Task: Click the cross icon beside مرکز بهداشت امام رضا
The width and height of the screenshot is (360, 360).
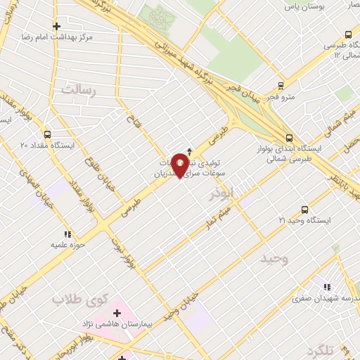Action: [x=57, y=27]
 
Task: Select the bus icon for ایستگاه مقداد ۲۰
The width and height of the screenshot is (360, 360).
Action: [x=46, y=134]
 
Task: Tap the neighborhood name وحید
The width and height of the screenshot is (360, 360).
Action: [x=274, y=259]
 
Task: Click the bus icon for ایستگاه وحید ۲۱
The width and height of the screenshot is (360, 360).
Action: [x=304, y=210]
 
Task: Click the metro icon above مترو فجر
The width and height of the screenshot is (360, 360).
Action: [x=281, y=84]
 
